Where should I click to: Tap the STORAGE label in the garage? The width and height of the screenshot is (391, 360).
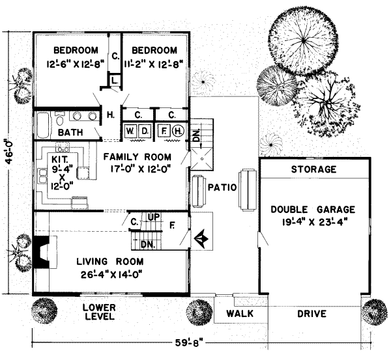point(314,169)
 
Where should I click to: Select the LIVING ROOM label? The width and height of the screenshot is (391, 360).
point(109,262)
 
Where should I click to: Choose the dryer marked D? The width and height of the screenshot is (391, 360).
point(145,130)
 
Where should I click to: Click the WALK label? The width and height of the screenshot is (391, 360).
point(239,314)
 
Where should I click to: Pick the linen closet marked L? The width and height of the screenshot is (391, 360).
point(113,80)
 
